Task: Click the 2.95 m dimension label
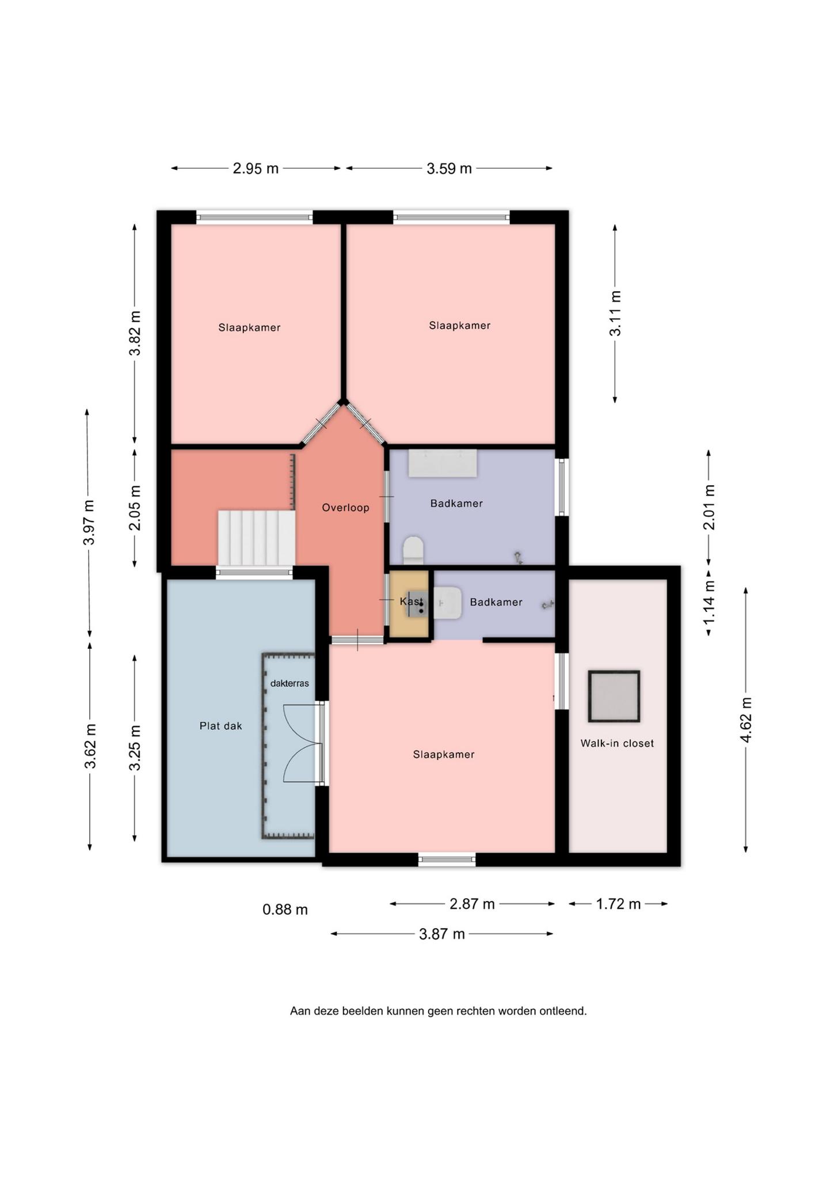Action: (x=256, y=169)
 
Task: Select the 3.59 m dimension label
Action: (x=449, y=169)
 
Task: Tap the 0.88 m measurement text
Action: (x=285, y=910)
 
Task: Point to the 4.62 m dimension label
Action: (x=746, y=720)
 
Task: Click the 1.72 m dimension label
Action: (x=618, y=904)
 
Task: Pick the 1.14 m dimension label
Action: (x=709, y=602)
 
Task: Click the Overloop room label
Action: (x=345, y=508)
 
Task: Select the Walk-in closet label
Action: (x=617, y=743)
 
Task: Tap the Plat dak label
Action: (x=220, y=726)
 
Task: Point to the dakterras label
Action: (x=290, y=683)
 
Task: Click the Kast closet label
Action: (x=411, y=602)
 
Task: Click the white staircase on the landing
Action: (x=256, y=538)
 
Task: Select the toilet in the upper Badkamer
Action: (x=413, y=550)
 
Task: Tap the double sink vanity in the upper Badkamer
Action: (x=443, y=463)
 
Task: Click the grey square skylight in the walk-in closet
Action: (x=614, y=696)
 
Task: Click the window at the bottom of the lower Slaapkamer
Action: (x=447, y=860)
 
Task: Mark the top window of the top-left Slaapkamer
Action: (x=254, y=218)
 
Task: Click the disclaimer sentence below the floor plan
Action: (x=439, y=1010)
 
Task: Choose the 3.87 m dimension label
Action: (x=441, y=934)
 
